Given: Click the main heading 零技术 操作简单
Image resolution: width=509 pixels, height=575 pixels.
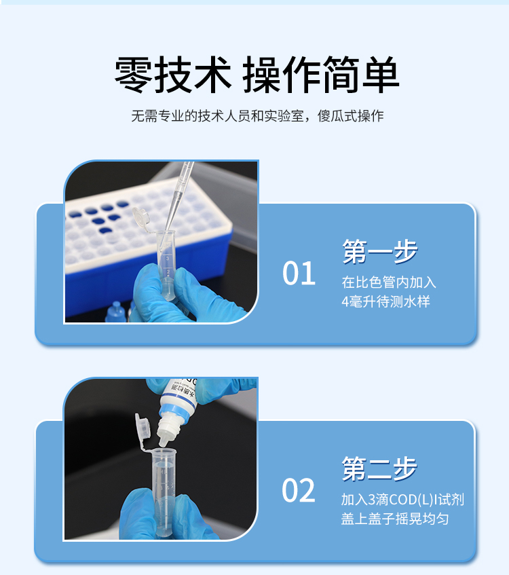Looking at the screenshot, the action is [257, 75].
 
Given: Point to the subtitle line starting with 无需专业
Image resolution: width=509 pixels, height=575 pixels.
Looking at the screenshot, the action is [257, 116].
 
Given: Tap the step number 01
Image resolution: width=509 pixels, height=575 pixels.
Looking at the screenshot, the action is [299, 273].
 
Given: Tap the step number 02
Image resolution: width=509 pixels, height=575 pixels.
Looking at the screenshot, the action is [299, 490].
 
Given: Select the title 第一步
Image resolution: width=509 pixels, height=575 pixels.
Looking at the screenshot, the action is [380, 251].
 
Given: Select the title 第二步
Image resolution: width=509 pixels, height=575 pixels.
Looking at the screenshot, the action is [379, 468].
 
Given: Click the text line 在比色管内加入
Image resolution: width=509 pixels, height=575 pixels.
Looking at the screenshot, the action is [389, 282].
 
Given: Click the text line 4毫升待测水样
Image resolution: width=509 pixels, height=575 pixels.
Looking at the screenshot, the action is [385, 301].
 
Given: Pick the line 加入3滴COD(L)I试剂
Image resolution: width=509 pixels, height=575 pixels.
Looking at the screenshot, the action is [402, 500].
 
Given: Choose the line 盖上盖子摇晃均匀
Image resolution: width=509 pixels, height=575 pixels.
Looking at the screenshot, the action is [395, 519].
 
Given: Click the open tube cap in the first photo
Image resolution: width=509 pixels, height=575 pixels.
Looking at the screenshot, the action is [141, 217].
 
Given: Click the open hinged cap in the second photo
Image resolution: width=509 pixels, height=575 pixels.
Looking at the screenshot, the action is [143, 428].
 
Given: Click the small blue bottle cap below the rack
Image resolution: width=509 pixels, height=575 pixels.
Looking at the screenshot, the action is [116, 312].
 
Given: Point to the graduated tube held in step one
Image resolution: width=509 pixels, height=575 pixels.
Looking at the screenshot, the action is [167, 265].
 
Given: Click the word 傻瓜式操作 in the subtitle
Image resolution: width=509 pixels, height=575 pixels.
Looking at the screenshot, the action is [351, 116].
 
